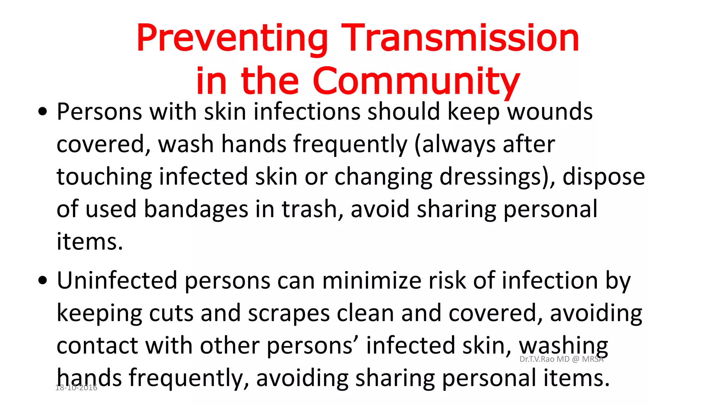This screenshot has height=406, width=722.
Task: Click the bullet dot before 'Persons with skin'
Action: click(43, 112)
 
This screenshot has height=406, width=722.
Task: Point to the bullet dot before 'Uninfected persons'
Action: click(43, 281)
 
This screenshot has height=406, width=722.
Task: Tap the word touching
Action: click(104, 177)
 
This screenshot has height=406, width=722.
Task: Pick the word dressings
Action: click(490, 177)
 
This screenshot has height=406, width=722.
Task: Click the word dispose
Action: click(604, 177)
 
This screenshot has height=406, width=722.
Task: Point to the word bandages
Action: click(196, 209)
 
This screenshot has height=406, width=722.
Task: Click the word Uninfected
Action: click(117, 281)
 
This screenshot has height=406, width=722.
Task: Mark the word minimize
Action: click(372, 281)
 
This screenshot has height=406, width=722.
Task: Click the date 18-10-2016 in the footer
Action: click(76, 388)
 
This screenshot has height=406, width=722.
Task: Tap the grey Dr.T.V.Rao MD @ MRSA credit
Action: click(561, 359)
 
